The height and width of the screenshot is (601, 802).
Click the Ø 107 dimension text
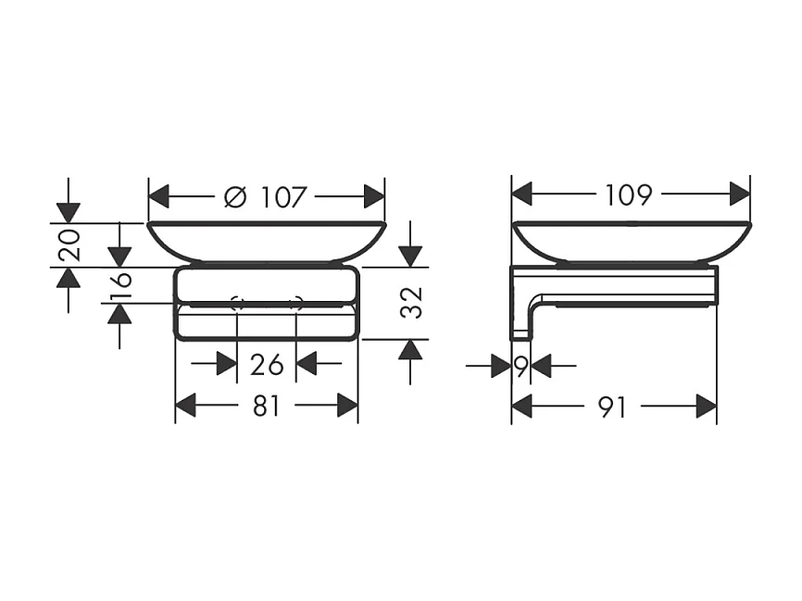[x=266, y=197]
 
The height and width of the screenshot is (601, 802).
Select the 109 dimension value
[x=629, y=195]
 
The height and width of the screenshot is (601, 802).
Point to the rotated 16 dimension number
[x=120, y=288]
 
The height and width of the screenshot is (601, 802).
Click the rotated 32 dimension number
[x=411, y=302]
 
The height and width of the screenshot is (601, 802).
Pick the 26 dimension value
[x=267, y=365]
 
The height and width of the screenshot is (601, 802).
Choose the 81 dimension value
[x=266, y=407]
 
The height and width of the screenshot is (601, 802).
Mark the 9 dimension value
[x=520, y=367]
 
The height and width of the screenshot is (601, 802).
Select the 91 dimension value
[x=612, y=407]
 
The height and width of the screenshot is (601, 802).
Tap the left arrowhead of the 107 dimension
[x=160, y=196]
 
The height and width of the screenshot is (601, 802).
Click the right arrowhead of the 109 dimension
[x=739, y=194]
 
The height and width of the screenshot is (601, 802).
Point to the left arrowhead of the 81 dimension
[x=186, y=406]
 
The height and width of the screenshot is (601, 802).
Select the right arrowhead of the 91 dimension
[x=706, y=406]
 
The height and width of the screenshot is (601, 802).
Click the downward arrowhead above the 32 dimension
[x=410, y=257]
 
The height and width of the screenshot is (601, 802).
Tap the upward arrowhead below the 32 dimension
[x=410, y=350]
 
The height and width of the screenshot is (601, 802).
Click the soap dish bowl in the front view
[x=266, y=240]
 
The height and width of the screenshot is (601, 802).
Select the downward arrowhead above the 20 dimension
[x=68, y=212]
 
